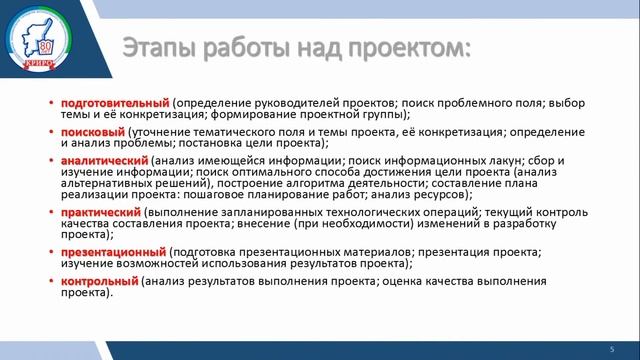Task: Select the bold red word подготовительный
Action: (115, 103)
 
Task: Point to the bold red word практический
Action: (100, 214)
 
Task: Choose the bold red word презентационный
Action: (113, 253)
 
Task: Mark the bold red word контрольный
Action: (99, 282)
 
